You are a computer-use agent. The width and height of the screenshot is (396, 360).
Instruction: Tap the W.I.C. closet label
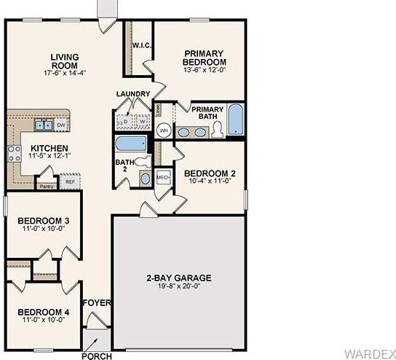pos(141,46)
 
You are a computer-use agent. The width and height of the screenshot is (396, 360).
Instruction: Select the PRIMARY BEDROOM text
pos(205,58)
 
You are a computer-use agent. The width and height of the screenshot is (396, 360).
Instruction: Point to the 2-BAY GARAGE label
pos(178,278)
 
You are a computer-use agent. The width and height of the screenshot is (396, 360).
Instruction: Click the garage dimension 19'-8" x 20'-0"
pos(178,286)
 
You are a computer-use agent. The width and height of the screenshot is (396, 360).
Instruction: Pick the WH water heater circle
pos(164,130)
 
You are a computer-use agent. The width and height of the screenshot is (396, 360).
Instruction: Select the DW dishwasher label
pos(60,125)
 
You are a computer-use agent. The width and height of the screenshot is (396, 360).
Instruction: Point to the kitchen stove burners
pos(14,152)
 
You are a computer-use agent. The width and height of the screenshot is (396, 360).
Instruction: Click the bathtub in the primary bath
pos(236,120)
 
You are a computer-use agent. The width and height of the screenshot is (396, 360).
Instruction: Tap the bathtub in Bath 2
pos(132,142)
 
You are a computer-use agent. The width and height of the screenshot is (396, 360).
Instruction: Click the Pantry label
pos(47,187)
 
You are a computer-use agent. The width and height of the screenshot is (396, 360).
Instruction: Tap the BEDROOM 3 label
pos(44,221)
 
